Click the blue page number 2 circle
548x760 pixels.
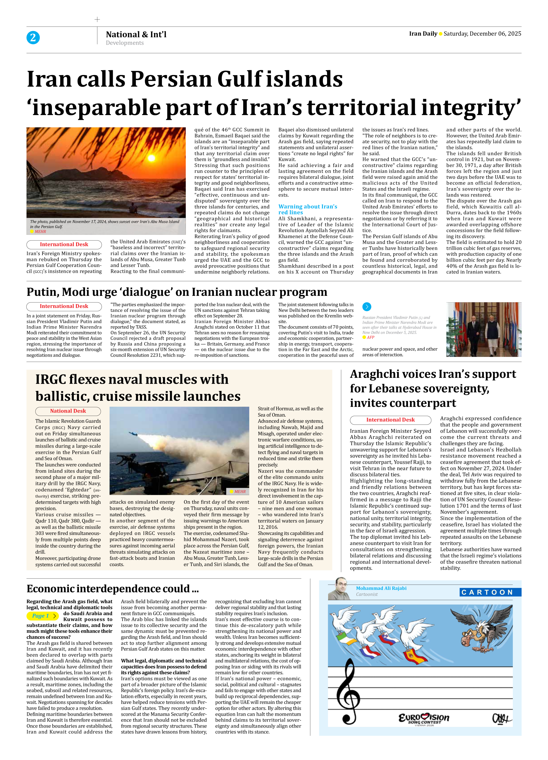pyautogui.click(x=33, y=37)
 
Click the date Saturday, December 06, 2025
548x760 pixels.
pyautogui.click(x=482, y=34)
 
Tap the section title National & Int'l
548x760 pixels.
pyautogui.click(x=136, y=34)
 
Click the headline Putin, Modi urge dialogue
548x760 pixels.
pyautogui.click(x=177, y=292)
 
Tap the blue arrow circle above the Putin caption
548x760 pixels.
pyautogui.click(x=367, y=306)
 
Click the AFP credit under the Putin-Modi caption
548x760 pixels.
pyautogui.click(x=370, y=337)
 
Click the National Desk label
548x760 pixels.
pyautogui.click(x=68, y=411)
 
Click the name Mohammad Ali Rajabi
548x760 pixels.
pyautogui.click(x=381, y=588)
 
